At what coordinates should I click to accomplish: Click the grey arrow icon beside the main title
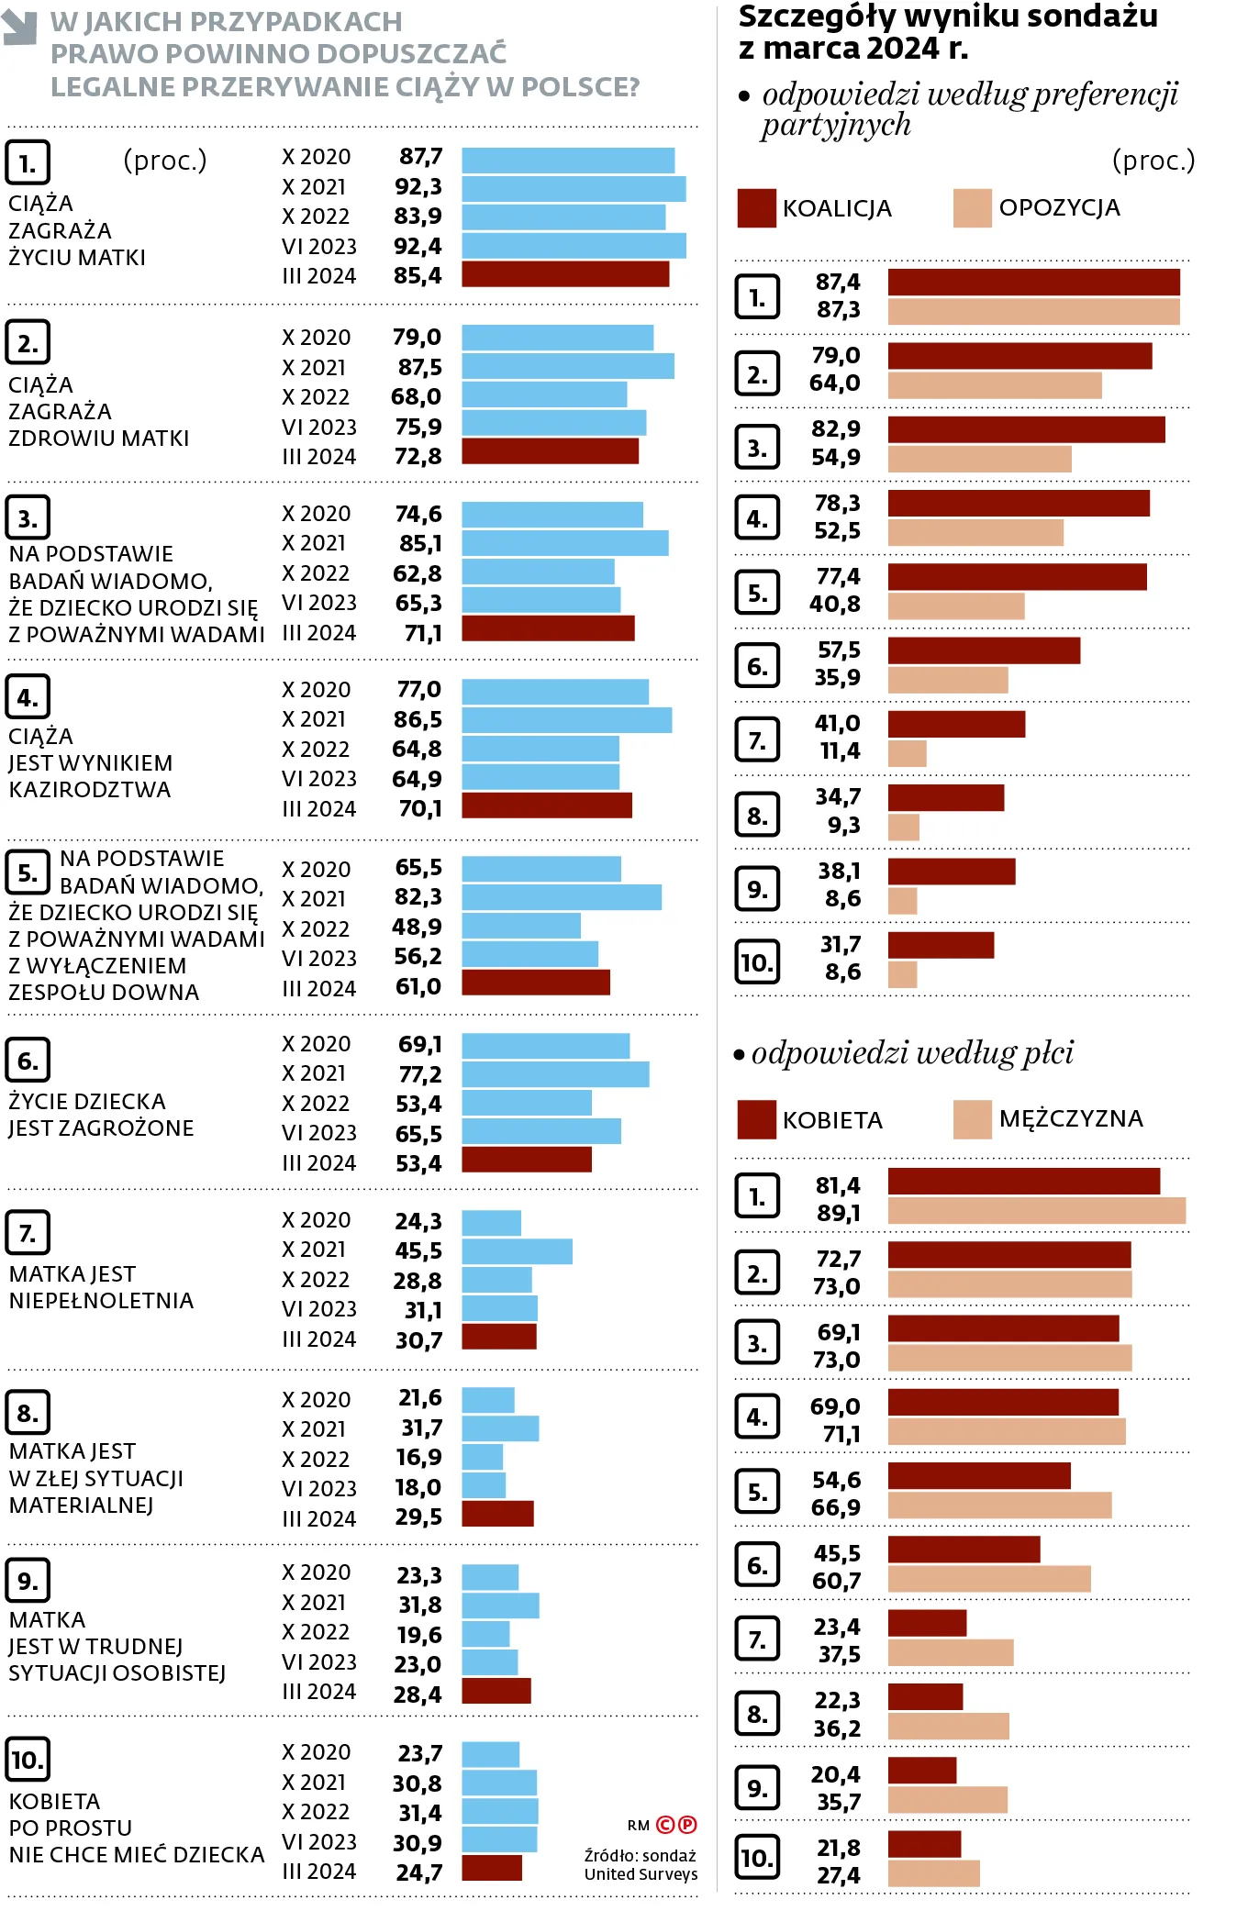click(19, 28)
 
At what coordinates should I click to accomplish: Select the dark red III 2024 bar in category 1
click(565, 274)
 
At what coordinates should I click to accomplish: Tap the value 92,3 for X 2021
click(418, 187)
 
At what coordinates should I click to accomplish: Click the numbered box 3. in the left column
click(28, 518)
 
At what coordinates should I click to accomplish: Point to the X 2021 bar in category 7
click(517, 1251)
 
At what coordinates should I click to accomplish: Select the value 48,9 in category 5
click(417, 927)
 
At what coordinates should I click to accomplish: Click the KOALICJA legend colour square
click(756, 208)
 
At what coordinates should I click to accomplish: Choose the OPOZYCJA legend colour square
click(972, 208)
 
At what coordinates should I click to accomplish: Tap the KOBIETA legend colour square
click(756, 1119)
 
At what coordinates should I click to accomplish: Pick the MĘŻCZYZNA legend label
click(1071, 1119)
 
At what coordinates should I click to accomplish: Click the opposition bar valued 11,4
click(907, 754)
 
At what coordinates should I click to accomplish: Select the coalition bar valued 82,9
click(1026, 429)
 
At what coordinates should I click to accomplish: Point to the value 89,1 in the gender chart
click(838, 1214)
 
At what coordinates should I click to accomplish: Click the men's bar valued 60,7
click(989, 1579)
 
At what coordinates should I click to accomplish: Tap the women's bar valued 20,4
click(922, 1771)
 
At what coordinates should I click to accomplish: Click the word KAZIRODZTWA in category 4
click(90, 790)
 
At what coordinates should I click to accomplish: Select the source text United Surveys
click(641, 1874)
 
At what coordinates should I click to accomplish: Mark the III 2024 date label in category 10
click(318, 1872)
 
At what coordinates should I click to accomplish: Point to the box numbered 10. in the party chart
click(757, 962)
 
